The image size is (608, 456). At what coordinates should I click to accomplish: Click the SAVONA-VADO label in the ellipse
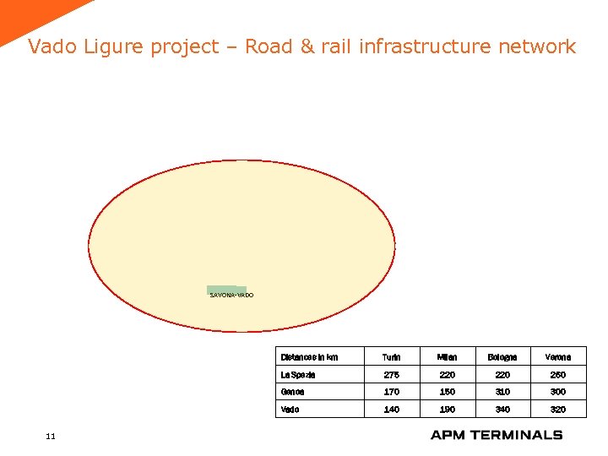[x=231, y=295]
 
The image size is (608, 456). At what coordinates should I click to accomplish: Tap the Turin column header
[x=391, y=357]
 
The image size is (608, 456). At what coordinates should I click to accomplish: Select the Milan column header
[x=447, y=357]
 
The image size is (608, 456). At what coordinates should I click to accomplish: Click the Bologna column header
[x=502, y=357]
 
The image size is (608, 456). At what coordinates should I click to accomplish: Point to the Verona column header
[x=557, y=357]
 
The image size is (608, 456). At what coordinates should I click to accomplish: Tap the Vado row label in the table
[x=290, y=410]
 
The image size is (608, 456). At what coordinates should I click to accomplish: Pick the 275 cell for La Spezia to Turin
[x=391, y=374]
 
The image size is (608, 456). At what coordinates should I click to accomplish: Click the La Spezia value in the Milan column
[x=447, y=374]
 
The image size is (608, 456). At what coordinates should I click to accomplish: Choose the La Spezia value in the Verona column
[x=557, y=374]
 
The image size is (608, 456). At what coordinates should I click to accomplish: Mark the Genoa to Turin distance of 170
[x=391, y=392]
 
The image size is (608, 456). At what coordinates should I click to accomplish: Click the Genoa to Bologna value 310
[x=502, y=392]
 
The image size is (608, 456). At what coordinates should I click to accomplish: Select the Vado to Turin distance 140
[x=391, y=410]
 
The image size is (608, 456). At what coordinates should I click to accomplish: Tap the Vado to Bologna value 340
[x=502, y=410]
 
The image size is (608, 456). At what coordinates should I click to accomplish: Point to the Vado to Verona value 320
[x=557, y=410]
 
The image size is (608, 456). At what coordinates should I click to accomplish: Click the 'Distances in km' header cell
[x=309, y=357]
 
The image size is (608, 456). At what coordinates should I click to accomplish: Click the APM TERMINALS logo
[x=496, y=435]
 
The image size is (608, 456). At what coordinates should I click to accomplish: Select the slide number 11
[x=51, y=436]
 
